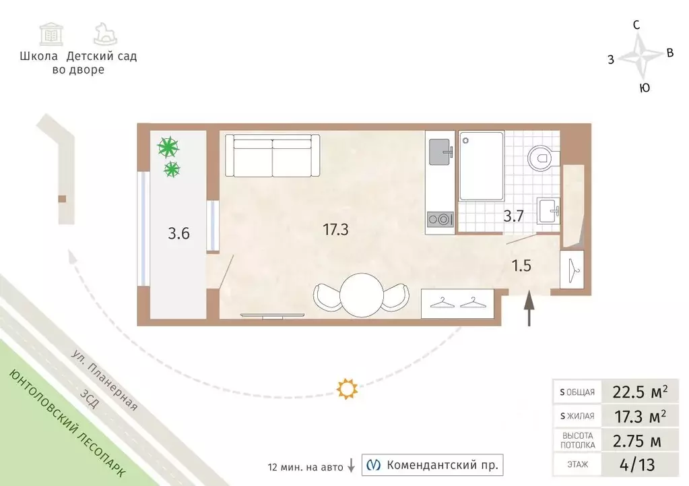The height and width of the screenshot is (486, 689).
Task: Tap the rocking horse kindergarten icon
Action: click(106, 34)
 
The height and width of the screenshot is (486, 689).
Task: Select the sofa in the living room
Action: click(272, 154)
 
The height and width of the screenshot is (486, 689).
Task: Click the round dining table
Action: click(362, 294)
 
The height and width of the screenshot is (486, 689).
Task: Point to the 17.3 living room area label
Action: click(335, 230)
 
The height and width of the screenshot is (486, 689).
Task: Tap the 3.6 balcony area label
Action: click(178, 234)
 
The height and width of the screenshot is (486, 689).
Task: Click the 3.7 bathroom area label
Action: click(514, 216)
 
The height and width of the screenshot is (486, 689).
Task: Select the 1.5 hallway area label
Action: click(521, 265)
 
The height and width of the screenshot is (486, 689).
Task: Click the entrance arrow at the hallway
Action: click(529, 307)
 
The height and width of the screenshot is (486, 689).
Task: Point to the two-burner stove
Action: click(440, 218)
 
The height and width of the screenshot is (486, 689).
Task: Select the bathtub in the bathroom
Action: click(481, 166)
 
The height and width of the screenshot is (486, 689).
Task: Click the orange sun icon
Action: click(347, 389)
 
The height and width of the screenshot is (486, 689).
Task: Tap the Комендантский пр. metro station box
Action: click(432, 465)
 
